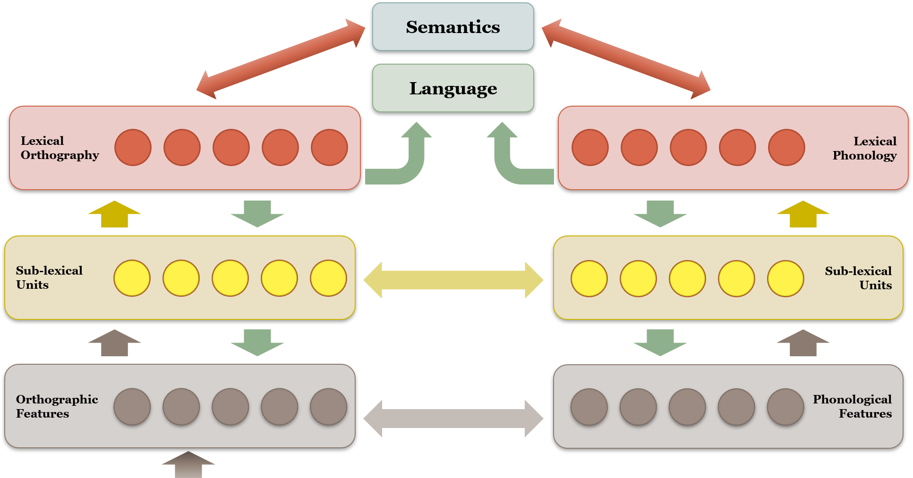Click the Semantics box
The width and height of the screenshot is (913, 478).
[453, 27]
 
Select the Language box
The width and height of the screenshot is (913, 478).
[453, 88]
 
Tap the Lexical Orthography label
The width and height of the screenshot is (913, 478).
[60, 148]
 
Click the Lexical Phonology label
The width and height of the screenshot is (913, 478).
[864, 148]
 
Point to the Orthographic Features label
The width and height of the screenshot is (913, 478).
[57, 406]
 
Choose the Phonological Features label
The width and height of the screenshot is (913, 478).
[852, 406]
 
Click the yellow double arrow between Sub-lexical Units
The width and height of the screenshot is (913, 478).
[453, 280]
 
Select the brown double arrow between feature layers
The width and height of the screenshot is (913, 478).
[453, 418]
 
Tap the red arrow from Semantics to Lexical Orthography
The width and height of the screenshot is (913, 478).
[281, 59]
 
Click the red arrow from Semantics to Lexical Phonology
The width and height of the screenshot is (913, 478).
[626, 59]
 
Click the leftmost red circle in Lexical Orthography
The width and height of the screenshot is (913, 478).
[133, 148]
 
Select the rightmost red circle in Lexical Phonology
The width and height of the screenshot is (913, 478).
[786, 148]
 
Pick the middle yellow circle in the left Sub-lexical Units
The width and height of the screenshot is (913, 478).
[230, 278]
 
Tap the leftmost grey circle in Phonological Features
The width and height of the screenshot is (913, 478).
[589, 407]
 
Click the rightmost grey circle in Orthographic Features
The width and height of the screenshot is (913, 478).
[329, 407]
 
